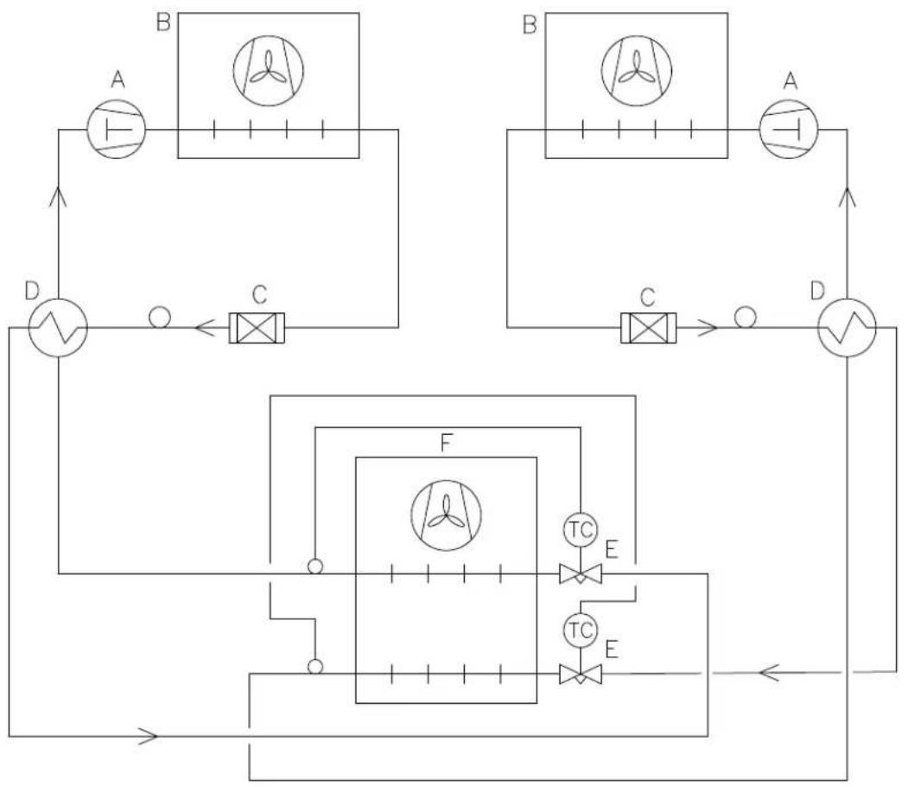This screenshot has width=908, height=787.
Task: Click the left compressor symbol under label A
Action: [x=116, y=129]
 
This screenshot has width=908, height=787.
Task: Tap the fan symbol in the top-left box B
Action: [x=268, y=71]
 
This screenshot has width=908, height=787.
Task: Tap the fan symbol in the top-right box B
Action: [x=637, y=71]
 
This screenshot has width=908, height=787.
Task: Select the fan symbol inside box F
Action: [x=446, y=515]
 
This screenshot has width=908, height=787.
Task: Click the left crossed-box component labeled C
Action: [x=257, y=328]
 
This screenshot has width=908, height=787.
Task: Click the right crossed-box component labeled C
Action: [x=648, y=328]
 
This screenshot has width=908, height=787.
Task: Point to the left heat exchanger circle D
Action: [x=58, y=328]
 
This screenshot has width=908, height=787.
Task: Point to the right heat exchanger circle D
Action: [x=847, y=328]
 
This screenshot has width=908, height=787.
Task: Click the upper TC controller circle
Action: [x=581, y=529]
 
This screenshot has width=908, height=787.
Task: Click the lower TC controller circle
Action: [x=581, y=630]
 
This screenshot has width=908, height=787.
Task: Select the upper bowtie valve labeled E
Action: [x=581, y=575]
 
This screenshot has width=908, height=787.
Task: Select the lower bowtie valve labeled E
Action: [x=581, y=675]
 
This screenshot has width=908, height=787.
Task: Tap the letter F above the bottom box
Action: [x=445, y=444]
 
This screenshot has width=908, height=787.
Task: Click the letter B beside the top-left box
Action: [x=163, y=23]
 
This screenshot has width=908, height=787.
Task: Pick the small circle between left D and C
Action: [x=160, y=317]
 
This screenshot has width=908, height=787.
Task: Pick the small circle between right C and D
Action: [x=745, y=317]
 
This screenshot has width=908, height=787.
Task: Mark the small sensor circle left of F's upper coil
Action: [x=315, y=566]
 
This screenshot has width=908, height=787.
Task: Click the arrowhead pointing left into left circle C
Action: [x=206, y=328]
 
